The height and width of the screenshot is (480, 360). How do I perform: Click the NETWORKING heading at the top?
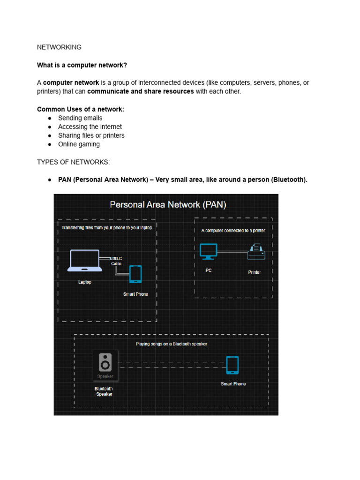point(59,47)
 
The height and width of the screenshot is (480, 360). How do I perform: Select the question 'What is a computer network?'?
point(82,65)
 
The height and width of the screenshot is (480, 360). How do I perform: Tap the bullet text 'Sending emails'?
point(80,118)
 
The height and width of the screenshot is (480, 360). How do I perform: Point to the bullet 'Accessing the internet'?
point(90,127)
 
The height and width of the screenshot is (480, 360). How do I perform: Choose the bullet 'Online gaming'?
point(79,144)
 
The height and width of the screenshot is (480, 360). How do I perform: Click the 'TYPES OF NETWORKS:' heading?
point(73,162)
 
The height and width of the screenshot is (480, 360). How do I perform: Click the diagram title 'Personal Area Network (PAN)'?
point(168,205)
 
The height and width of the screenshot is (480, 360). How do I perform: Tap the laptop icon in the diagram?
point(85,261)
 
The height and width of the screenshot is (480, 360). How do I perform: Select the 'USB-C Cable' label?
point(116,261)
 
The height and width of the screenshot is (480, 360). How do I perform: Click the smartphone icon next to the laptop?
point(135,274)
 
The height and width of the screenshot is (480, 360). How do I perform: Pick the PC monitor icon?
point(208,251)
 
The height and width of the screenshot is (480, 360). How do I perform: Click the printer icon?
point(256,252)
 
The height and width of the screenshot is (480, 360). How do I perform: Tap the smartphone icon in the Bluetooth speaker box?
point(232,365)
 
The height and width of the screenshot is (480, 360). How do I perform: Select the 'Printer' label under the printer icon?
point(255,272)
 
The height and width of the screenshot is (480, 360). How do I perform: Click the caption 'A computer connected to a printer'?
point(233,231)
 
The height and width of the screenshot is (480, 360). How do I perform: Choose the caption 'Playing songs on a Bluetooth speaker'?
point(171,344)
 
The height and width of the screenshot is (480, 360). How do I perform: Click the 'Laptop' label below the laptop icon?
point(85,282)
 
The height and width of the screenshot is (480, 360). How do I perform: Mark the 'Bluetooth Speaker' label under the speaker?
point(104,391)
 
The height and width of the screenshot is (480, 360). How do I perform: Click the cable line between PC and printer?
point(232,252)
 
